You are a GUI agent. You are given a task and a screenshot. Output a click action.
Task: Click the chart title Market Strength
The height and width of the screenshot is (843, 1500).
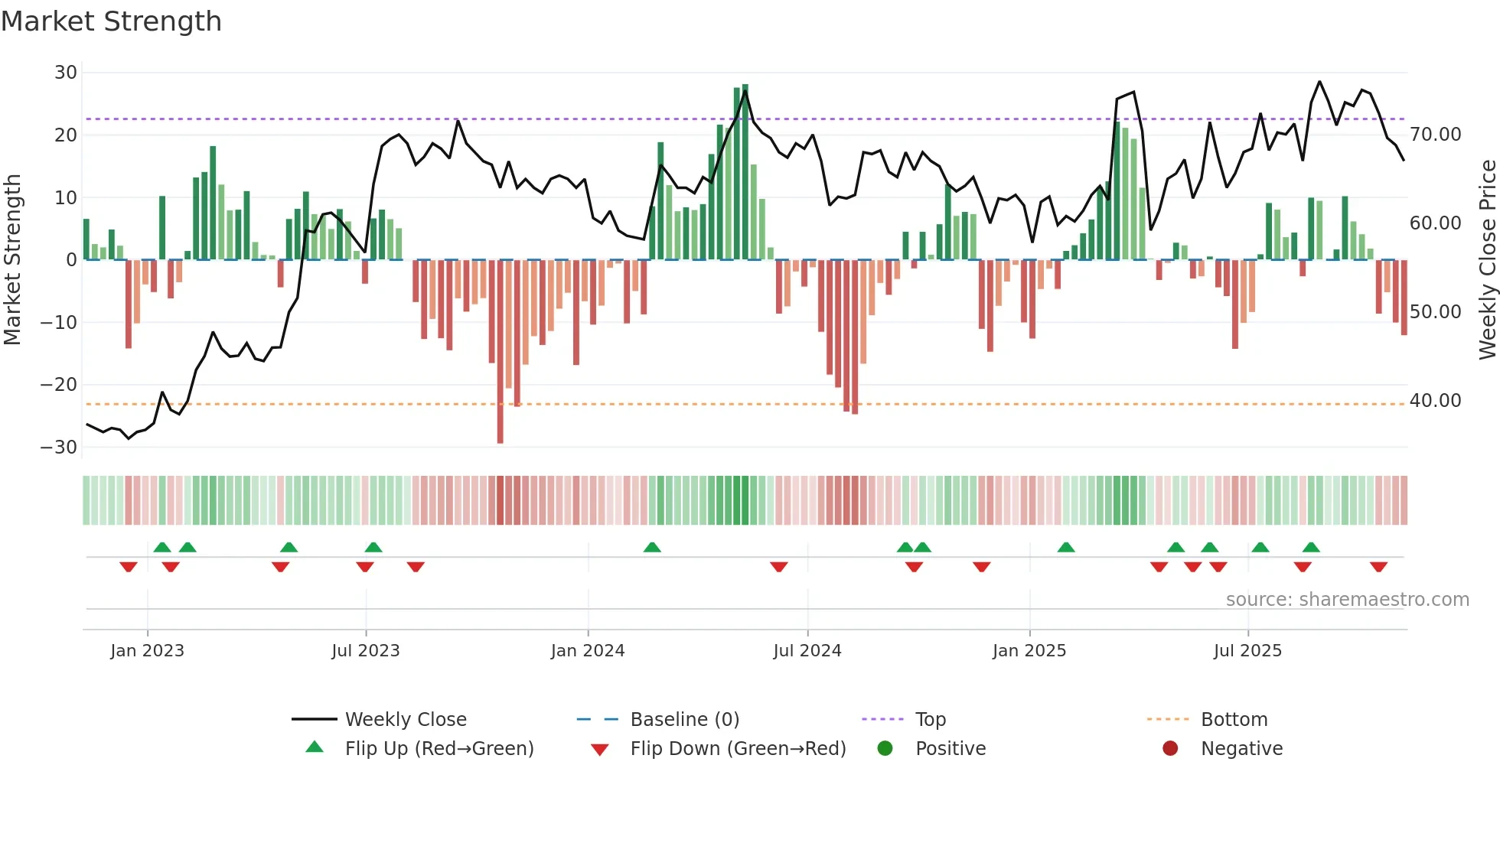tap(111, 21)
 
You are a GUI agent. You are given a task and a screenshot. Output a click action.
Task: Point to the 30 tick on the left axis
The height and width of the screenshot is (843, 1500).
tap(66, 73)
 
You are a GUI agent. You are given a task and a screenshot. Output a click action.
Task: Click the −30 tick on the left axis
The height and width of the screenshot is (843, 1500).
tap(59, 448)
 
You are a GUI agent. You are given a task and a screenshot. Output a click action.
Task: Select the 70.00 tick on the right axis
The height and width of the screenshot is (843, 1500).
tap(1435, 135)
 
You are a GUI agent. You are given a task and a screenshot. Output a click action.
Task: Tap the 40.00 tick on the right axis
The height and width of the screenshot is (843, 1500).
tap(1435, 401)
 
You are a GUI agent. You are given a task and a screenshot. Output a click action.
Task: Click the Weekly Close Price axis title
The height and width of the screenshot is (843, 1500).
tap(1487, 260)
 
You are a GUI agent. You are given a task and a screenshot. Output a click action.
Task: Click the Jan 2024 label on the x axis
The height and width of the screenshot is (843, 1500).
tap(587, 651)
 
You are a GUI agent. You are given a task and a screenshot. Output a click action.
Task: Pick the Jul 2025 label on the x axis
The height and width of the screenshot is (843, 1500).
tap(1247, 651)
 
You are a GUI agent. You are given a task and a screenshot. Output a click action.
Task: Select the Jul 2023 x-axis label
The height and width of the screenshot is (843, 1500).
tap(365, 651)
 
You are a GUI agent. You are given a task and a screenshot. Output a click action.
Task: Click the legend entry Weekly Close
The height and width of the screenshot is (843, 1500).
tap(405, 720)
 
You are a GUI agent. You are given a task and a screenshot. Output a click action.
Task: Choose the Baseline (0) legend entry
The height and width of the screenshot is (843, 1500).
tap(684, 720)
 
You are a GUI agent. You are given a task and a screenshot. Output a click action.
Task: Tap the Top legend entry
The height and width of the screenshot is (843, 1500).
tap(930, 720)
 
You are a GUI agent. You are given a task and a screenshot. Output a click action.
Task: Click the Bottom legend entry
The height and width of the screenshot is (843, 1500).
tap(1234, 720)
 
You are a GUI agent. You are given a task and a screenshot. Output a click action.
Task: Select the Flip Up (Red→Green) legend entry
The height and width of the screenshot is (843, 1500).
tap(439, 749)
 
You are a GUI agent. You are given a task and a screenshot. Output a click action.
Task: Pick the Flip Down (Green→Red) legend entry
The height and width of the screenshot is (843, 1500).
tap(738, 749)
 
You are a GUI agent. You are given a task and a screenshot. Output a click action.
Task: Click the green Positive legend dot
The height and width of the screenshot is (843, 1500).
tap(885, 749)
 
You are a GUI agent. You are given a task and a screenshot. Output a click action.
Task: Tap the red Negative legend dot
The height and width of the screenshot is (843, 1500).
tap(1169, 749)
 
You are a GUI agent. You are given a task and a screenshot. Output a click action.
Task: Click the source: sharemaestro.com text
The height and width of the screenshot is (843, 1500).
tap(1347, 600)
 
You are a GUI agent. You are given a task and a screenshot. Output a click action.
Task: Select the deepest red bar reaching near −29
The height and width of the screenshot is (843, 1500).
tap(501, 352)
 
